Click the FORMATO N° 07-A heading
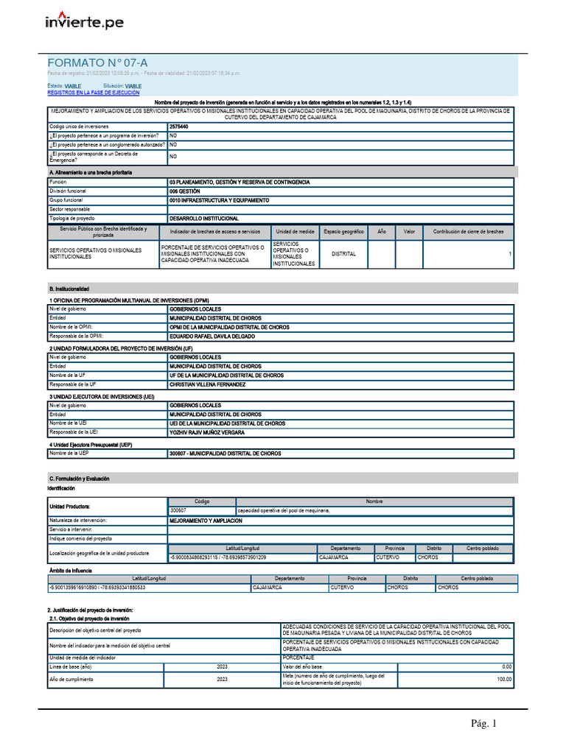click(x=92, y=63)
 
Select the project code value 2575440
click(x=178, y=127)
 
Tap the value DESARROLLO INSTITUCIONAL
click(x=203, y=219)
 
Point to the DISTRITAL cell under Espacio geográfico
click(x=343, y=254)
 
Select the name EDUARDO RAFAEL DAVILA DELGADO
click(x=212, y=336)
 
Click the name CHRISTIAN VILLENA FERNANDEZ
click(x=207, y=384)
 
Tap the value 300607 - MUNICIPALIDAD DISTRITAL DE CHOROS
click(x=225, y=454)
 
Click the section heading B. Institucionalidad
click(x=69, y=289)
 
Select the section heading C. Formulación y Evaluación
click(x=78, y=479)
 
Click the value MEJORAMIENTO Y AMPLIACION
click(x=206, y=520)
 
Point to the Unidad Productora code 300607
click(x=178, y=510)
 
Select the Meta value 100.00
click(x=503, y=680)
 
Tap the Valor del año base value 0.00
click(x=506, y=666)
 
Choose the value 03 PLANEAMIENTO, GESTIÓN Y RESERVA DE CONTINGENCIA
click(x=240, y=181)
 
